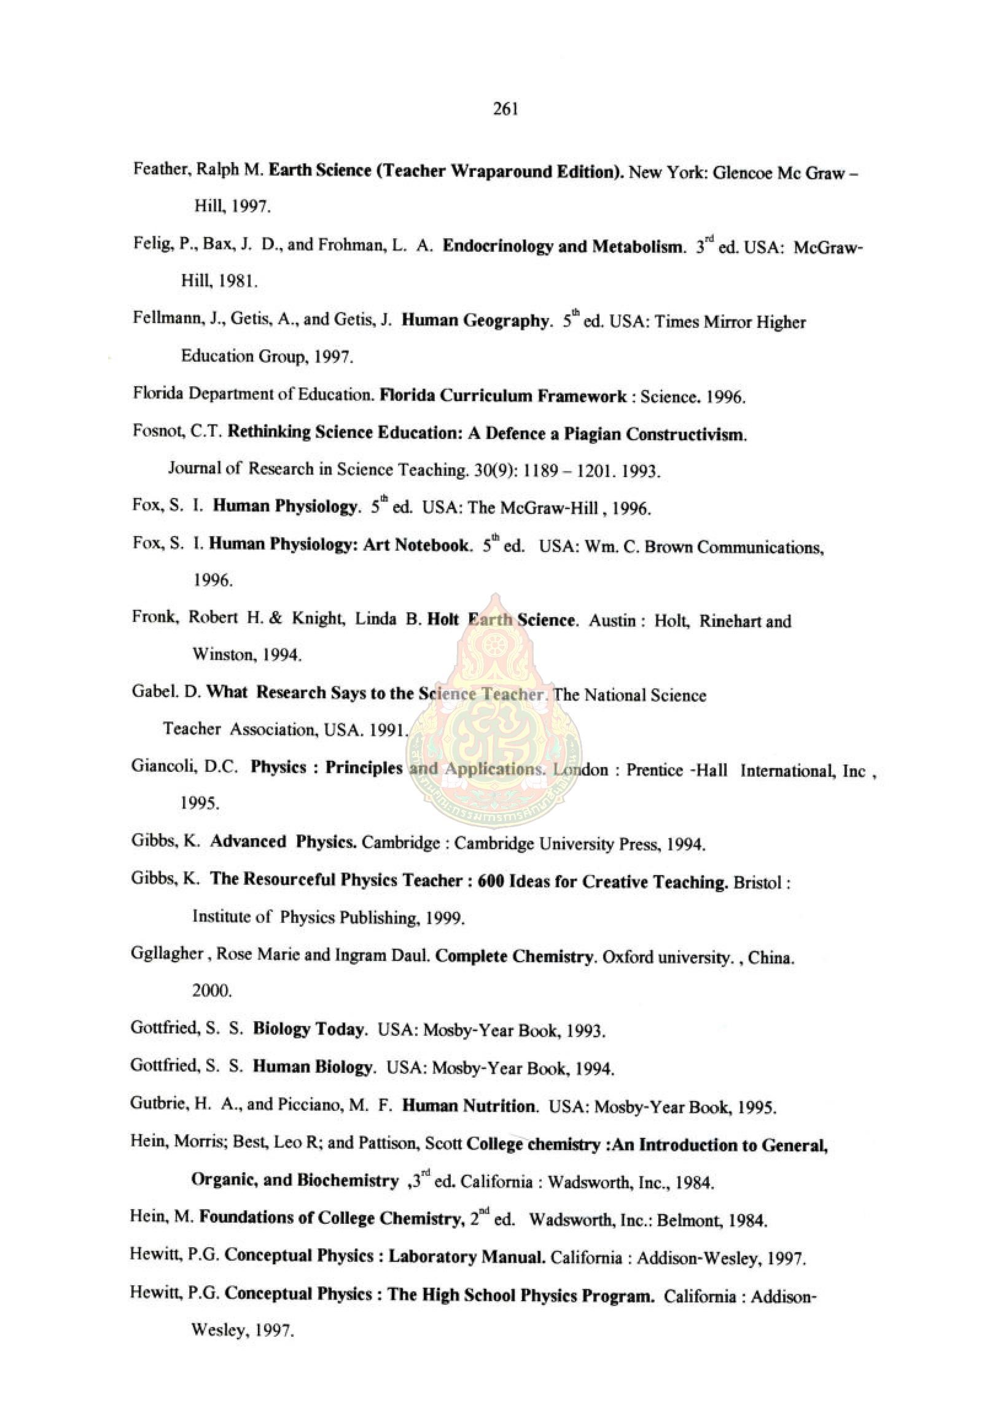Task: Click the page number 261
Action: [505, 110]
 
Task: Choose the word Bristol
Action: [757, 881]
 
